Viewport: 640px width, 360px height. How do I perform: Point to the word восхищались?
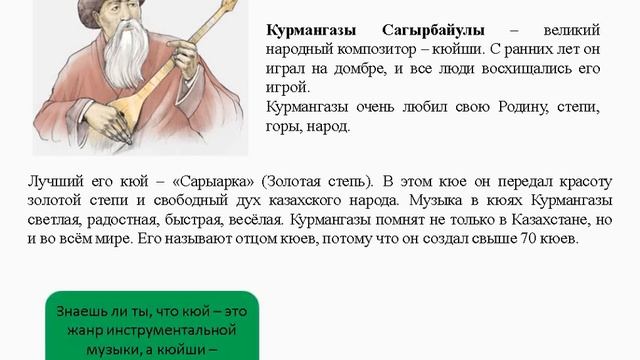pyautogui.click(x=509, y=69)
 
